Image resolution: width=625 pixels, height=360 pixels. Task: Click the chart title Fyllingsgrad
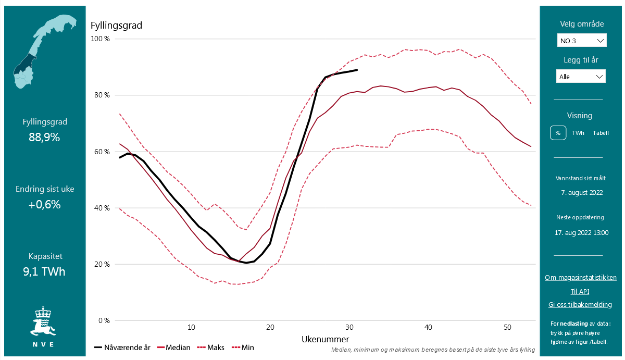pyautogui.click(x=116, y=26)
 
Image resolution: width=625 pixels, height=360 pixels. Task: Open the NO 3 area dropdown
pyautogui.click(x=581, y=41)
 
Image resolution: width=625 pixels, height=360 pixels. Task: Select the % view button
pyautogui.click(x=558, y=133)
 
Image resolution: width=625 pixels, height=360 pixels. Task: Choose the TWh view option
pyautogui.click(x=578, y=133)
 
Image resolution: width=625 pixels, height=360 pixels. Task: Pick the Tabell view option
pyautogui.click(x=601, y=133)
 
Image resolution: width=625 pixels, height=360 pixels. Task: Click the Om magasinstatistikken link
pyautogui.click(x=581, y=278)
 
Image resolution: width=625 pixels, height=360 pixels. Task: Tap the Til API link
pyautogui.click(x=580, y=292)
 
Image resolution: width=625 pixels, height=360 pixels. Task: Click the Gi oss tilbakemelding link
pyautogui.click(x=580, y=305)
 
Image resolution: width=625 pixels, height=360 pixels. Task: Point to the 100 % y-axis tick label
pyautogui.click(x=100, y=39)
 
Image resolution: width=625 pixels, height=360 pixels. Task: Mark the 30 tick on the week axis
pyautogui.click(x=349, y=327)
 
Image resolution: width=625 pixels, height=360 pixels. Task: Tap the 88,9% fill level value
pyautogui.click(x=45, y=138)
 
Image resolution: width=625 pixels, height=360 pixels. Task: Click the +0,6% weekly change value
pyautogui.click(x=45, y=205)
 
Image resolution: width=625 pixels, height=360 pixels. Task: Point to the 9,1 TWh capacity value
pyautogui.click(x=45, y=271)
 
